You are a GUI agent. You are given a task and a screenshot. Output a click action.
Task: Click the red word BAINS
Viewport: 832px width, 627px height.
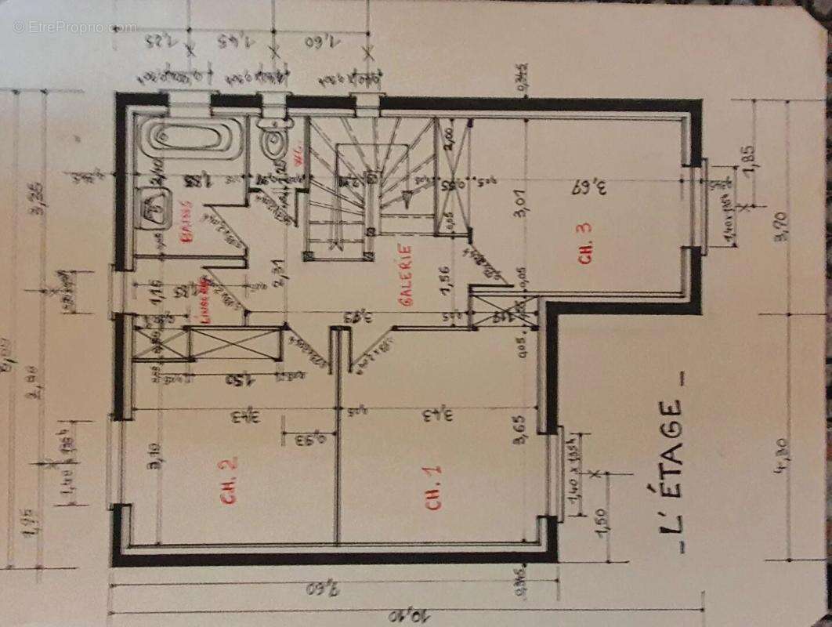point(187,224)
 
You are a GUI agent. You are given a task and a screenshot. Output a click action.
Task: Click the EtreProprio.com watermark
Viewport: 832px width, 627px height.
point(74,27)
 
